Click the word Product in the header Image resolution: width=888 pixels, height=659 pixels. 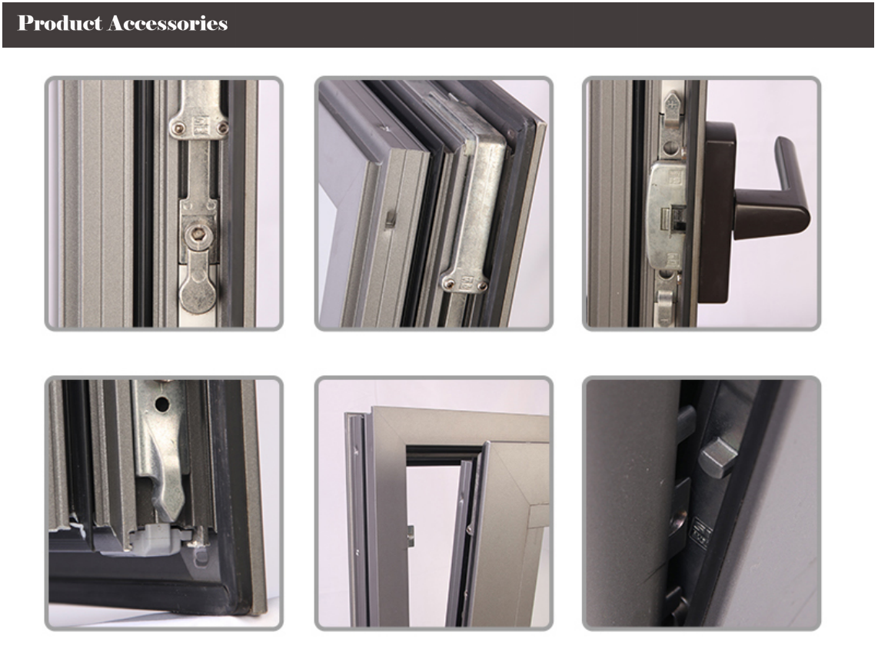point(60,23)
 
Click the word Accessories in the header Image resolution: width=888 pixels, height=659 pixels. point(168,23)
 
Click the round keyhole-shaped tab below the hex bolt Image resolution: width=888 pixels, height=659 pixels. point(198,291)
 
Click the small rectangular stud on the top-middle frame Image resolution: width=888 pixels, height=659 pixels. point(388,221)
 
